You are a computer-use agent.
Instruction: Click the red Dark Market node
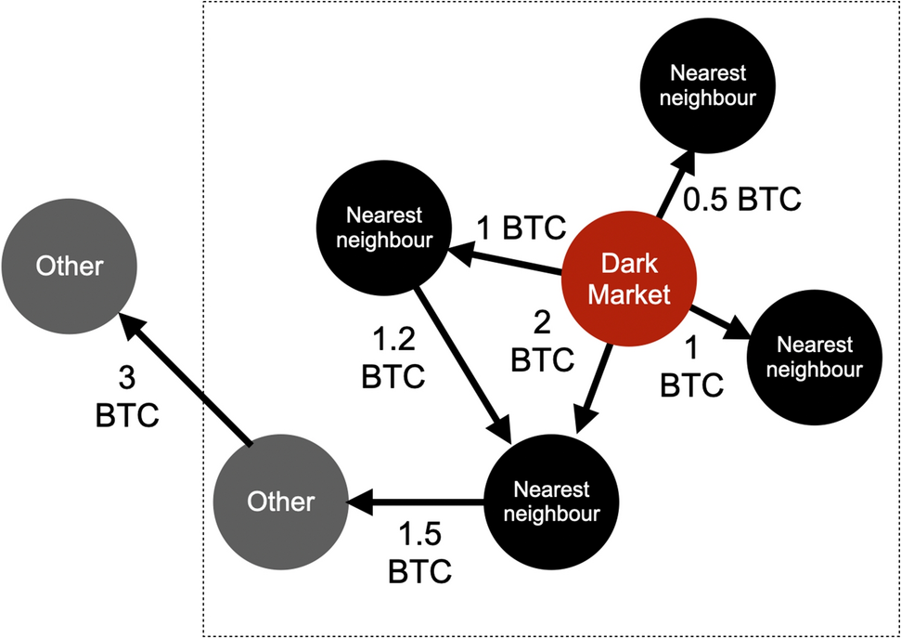[x=628, y=280]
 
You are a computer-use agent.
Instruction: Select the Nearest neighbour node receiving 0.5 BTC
[x=707, y=85]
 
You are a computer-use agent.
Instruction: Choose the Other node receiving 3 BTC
[x=69, y=267]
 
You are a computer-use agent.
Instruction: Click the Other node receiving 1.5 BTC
[x=280, y=502]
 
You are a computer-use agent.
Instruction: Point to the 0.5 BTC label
[x=741, y=200]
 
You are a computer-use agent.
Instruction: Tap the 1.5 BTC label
[x=419, y=554]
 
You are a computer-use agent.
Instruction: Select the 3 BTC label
[x=127, y=398]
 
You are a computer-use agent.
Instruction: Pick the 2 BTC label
[x=543, y=344]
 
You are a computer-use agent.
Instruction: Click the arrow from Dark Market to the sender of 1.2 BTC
[x=505, y=259]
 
